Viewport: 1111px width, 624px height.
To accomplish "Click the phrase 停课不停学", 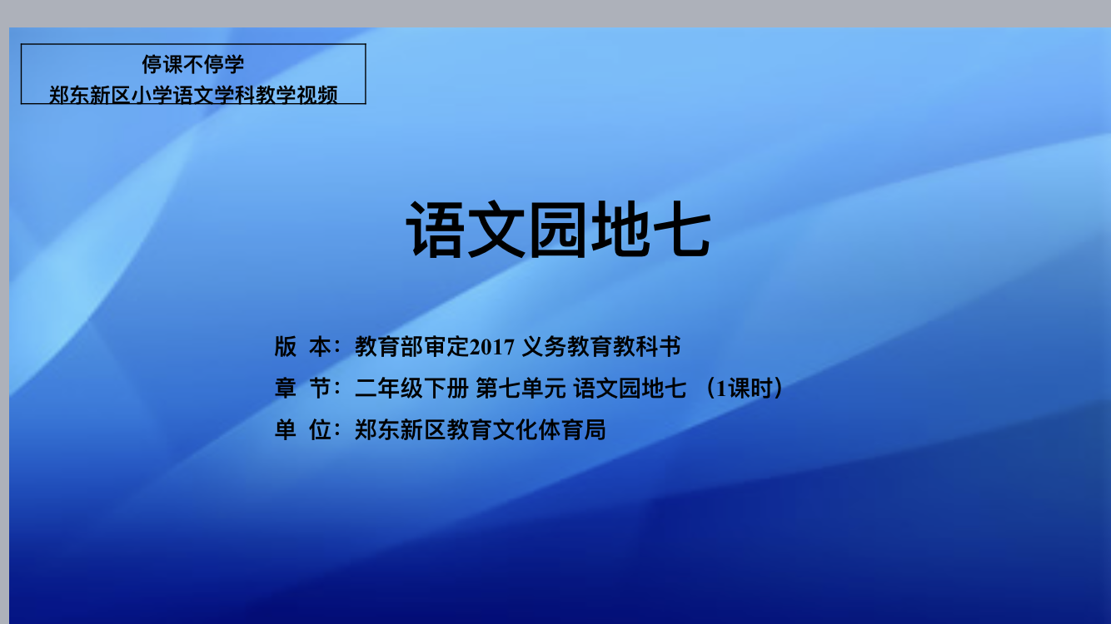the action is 193,64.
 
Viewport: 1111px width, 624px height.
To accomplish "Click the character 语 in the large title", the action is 436,229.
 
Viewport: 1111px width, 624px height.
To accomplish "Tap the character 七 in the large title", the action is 681,229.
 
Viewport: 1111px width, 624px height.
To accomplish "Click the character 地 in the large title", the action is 620,229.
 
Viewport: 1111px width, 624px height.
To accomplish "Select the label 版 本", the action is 302,346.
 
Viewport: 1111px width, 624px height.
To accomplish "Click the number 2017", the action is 491,347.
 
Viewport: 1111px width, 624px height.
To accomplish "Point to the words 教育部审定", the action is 411,346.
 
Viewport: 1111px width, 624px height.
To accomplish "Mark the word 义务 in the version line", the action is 544,346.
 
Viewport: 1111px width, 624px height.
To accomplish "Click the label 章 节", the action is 302,388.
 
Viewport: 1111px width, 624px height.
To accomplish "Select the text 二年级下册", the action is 411,388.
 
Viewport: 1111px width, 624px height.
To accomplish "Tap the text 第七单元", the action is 521,388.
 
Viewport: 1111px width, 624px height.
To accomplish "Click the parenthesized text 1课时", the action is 744,388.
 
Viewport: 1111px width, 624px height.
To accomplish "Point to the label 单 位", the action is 302,429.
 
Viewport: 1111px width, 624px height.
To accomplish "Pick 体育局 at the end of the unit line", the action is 572,429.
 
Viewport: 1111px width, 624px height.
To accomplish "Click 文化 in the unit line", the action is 516,429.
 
